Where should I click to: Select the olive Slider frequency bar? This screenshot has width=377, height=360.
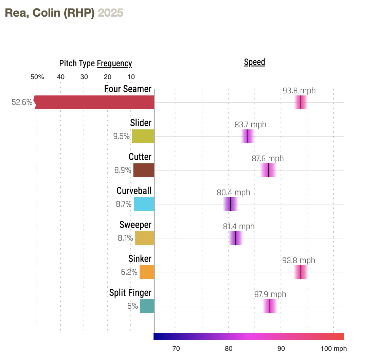click(143, 136)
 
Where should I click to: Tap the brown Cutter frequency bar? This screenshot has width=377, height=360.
click(144, 170)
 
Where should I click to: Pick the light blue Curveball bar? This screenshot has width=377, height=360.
click(144, 204)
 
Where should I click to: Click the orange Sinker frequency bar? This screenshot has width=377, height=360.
click(147, 272)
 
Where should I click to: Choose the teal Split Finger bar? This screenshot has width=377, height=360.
click(147, 306)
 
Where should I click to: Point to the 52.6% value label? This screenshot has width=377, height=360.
click(22, 102)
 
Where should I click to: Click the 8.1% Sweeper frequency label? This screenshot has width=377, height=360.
click(125, 238)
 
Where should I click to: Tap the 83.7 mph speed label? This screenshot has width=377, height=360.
click(250, 125)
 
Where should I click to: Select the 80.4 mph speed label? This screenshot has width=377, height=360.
click(233, 193)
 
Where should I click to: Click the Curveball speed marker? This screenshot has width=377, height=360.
click(231, 204)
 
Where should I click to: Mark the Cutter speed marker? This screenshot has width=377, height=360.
click(268, 170)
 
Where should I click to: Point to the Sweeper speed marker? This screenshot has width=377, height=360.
click(236, 238)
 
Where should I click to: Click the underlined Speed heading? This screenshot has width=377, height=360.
click(254, 62)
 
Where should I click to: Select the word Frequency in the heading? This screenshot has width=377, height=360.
click(114, 64)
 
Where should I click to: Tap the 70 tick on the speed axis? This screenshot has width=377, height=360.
click(176, 348)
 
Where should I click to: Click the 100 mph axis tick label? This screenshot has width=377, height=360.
click(334, 348)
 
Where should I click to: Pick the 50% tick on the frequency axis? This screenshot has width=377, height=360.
click(37, 77)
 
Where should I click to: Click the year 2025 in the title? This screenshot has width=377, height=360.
click(110, 13)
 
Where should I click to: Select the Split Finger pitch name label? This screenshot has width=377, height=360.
click(130, 293)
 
